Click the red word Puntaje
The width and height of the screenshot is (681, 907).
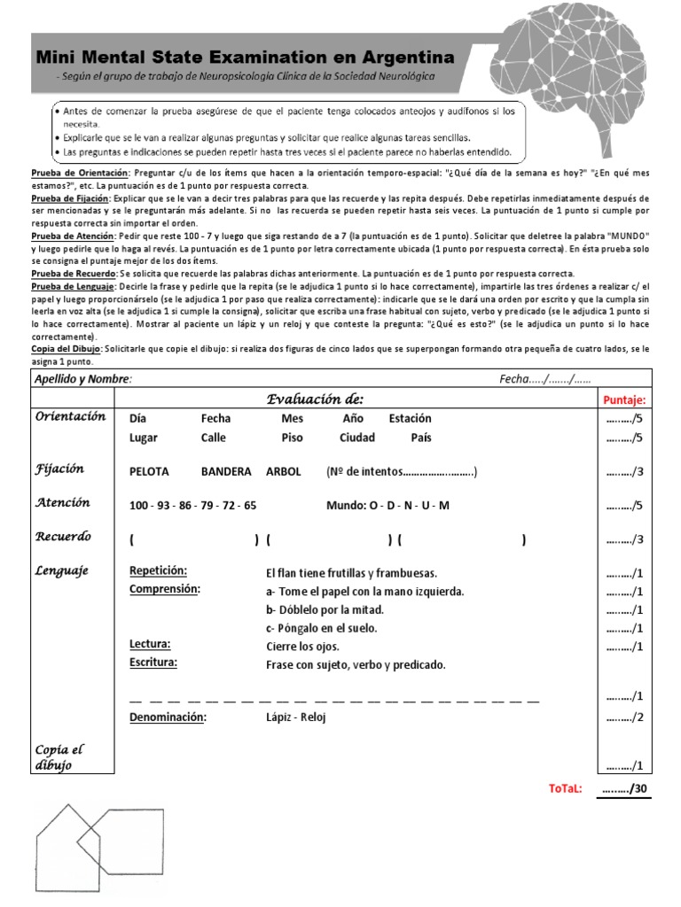point(624,401)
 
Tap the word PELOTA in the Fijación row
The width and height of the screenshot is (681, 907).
point(149,472)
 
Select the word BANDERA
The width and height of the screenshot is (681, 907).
point(226,472)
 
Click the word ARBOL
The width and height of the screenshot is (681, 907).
point(284,472)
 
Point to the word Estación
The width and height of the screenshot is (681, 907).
point(410,418)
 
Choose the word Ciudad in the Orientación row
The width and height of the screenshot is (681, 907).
point(357,438)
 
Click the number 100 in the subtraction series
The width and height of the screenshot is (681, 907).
point(139,506)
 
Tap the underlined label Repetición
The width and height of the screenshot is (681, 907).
point(158,571)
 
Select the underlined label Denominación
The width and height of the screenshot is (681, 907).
point(168,717)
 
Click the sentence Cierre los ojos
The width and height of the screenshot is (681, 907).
point(302,647)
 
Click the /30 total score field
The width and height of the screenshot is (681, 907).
point(624,789)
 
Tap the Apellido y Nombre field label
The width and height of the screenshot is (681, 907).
point(82,379)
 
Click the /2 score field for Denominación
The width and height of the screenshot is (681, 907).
point(624,717)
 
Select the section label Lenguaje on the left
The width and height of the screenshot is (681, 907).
point(63,571)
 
